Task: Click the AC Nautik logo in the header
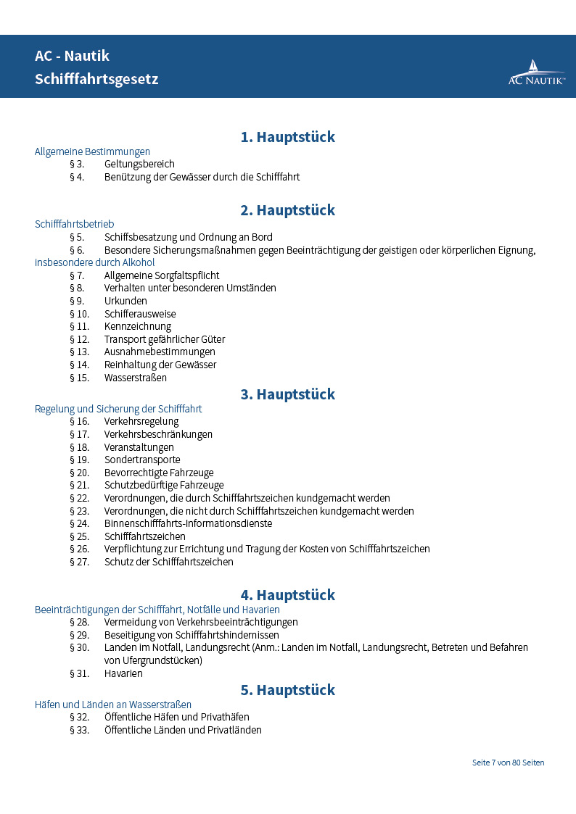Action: (x=536, y=72)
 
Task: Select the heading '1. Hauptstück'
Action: (x=288, y=137)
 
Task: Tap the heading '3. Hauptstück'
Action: (x=288, y=394)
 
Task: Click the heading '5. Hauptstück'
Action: (x=288, y=689)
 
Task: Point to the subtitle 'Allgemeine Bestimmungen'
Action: (x=92, y=151)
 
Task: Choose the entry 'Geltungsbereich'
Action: (x=139, y=165)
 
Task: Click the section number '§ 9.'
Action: (x=77, y=301)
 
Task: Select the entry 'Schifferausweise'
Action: (x=140, y=314)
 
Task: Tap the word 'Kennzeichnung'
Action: (x=138, y=327)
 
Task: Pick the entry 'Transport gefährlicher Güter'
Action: (x=165, y=339)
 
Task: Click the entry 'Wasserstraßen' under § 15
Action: (x=136, y=378)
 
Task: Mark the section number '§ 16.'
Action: (x=79, y=421)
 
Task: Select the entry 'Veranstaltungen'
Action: (x=139, y=447)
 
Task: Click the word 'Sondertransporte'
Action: (x=142, y=460)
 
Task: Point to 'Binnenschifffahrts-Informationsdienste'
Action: (x=189, y=523)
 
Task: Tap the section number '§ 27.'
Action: (x=79, y=562)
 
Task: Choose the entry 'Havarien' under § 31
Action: (x=123, y=673)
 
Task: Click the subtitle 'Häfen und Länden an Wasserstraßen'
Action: (x=113, y=705)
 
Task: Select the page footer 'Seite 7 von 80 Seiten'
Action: (x=508, y=763)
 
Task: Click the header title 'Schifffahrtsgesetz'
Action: (x=96, y=79)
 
